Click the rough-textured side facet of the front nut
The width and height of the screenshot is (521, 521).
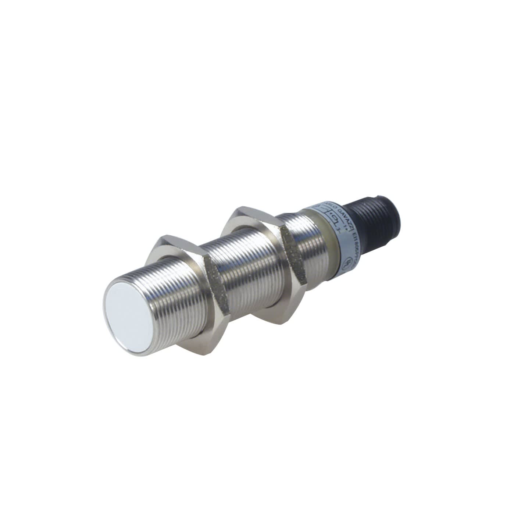(x=215, y=294)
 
